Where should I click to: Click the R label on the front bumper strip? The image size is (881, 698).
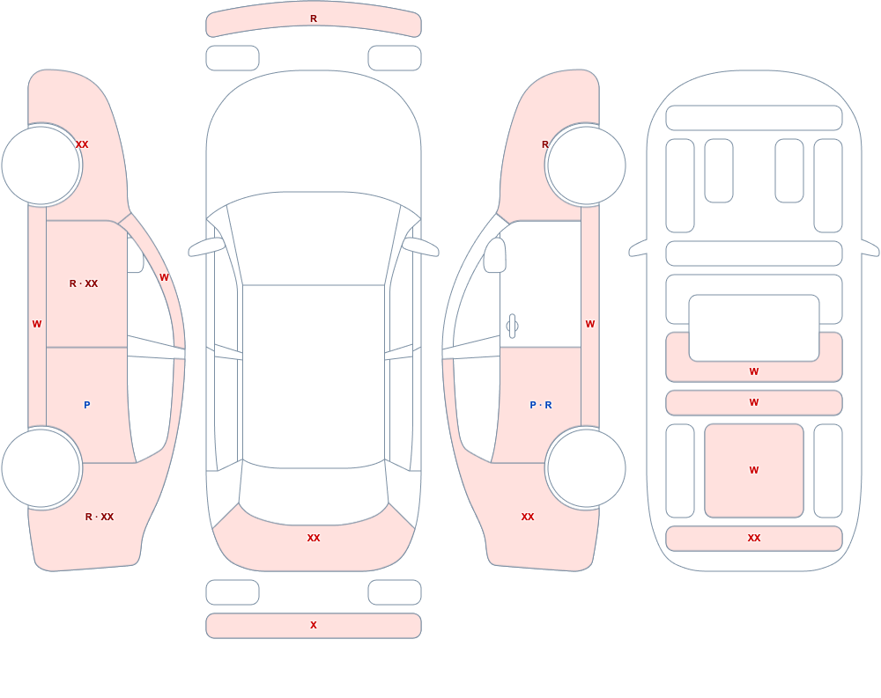[314, 19]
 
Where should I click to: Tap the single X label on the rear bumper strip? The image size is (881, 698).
[314, 625]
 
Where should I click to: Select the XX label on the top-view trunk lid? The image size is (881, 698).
[314, 538]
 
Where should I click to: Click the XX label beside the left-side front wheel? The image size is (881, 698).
[82, 144]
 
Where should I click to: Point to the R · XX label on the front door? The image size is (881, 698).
[83, 283]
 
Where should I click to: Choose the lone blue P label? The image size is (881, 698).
[86, 405]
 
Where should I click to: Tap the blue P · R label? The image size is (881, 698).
[541, 405]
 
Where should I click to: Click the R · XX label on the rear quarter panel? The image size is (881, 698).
[100, 517]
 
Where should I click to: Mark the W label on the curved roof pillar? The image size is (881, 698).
[164, 277]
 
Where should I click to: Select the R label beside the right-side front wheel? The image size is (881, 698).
[545, 144]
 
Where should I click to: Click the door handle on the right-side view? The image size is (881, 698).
[512, 327]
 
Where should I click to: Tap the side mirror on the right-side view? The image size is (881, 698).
[494, 255]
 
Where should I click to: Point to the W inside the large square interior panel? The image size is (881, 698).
[754, 470]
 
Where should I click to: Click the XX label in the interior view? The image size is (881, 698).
[754, 538]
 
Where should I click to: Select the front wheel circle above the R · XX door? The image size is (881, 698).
[41, 165]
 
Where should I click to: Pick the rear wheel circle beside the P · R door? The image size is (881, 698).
[586, 467]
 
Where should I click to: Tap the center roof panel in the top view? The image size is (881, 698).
[314, 376]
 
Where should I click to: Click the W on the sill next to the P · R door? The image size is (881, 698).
[590, 324]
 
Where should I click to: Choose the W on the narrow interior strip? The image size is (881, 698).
[754, 402]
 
